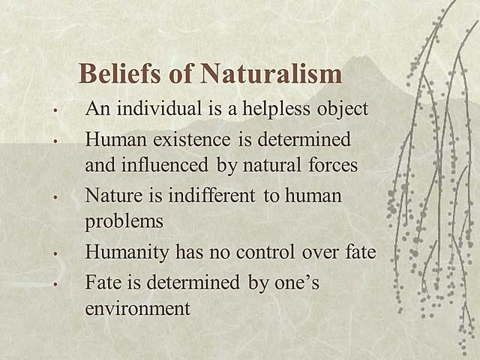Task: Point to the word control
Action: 283,253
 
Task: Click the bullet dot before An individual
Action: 56,110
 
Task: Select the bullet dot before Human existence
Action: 56,142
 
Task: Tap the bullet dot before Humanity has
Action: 56,254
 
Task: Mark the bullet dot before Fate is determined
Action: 56,286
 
